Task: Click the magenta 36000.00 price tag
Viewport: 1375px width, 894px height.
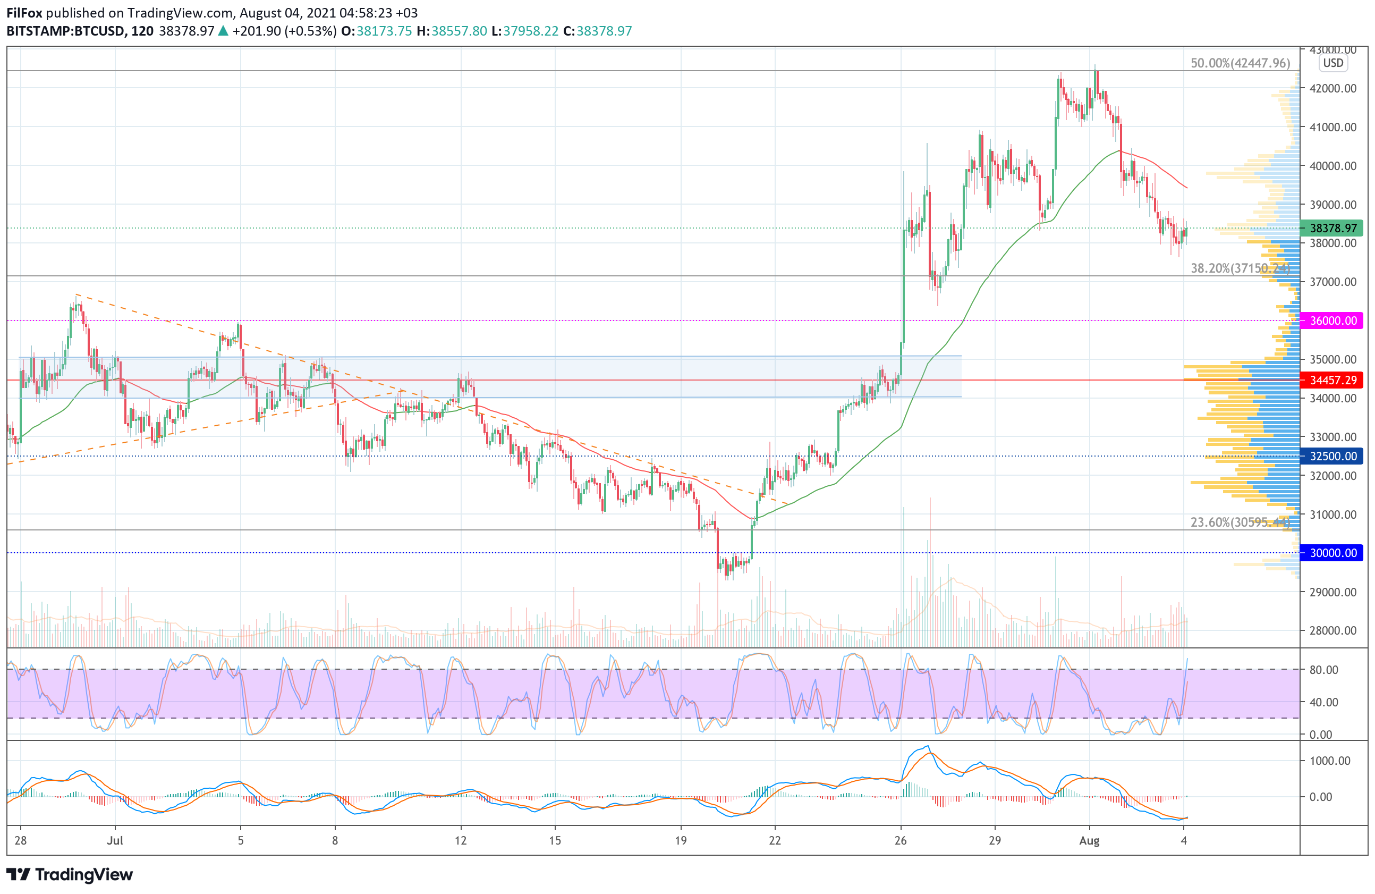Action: click(x=1331, y=321)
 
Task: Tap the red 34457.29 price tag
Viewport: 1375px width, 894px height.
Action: click(x=1331, y=380)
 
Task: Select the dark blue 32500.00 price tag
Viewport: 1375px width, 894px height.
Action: click(x=1331, y=456)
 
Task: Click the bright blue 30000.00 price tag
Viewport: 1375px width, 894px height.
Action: click(x=1331, y=553)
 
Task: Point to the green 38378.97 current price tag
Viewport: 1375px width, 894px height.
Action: click(x=1331, y=228)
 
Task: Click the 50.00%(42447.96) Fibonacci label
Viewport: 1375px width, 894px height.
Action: click(x=1240, y=63)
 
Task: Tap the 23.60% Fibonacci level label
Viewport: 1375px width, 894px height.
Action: click(x=1240, y=522)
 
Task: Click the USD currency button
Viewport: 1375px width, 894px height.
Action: click(x=1333, y=63)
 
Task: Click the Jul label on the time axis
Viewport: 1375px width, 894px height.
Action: click(x=115, y=841)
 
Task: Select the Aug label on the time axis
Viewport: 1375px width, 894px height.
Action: click(x=1089, y=841)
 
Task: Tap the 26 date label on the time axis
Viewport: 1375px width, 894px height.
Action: click(x=900, y=841)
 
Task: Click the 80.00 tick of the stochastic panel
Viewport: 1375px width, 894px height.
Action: click(x=1324, y=670)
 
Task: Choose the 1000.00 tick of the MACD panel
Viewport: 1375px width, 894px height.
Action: click(x=1329, y=761)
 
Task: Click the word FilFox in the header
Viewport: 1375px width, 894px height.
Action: click(x=24, y=13)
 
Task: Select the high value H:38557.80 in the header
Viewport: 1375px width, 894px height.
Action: click(x=452, y=31)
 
